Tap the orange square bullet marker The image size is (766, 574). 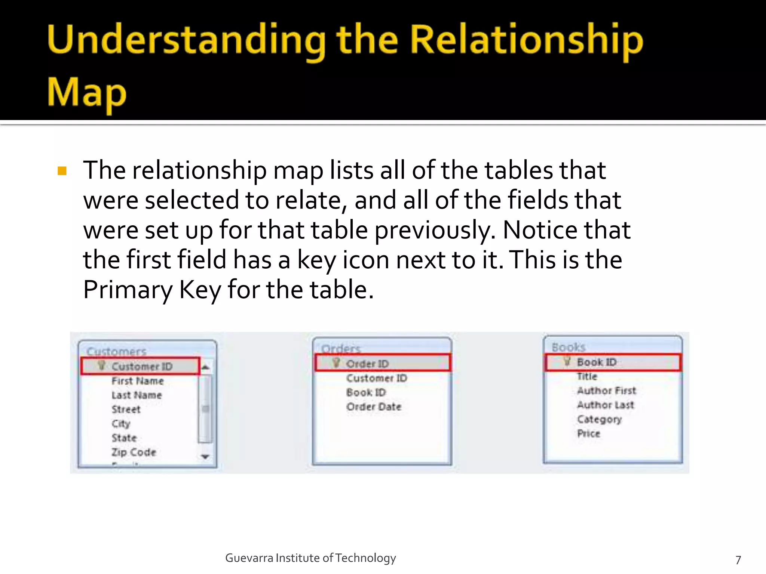(x=62, y=171)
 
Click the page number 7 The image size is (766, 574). (x=738, y=560)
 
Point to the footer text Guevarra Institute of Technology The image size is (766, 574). (x=310, y=558)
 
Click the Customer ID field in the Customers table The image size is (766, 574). (x=142, y=366)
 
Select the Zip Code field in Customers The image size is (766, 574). (x=134, y=452)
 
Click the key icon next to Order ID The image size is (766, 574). (x=336, y=362)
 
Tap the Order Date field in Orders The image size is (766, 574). (x=374, y=407)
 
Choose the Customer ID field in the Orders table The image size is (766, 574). (x=376, y=378)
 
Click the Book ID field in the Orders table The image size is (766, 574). (x=366, y=392)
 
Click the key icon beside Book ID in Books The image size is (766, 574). (x=567, y=361)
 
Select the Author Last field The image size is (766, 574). (x=605, y=405)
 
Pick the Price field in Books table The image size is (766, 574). (x=588, y=433)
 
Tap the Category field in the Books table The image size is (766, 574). (x=599, y=419)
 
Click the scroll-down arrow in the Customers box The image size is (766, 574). (x=205, y=456)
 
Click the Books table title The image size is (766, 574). (x=568, y=347)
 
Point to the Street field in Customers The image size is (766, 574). (x=126, y=409)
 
